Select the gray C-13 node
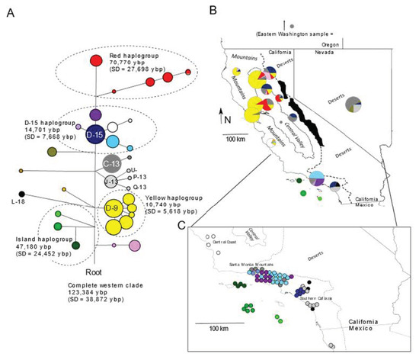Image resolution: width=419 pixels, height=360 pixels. coord(111,162)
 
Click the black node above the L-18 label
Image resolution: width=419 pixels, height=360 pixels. coord(23,192)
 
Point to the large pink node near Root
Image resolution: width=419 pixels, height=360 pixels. coord(135,245)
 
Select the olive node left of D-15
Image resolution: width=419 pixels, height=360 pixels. coord(53,153)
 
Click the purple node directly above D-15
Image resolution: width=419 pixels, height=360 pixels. coord(95,114)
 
